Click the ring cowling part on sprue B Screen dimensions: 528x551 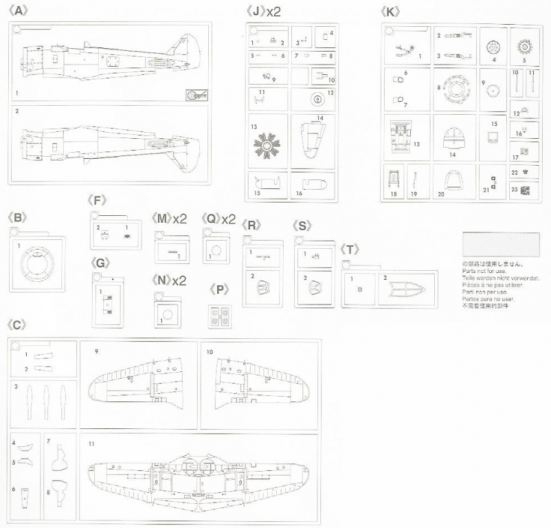(39, 264)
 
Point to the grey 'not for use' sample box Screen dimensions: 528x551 (501, 245)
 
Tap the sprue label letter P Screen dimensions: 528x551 (220, 289)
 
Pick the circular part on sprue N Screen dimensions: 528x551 (166, 317)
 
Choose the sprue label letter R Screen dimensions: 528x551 (253, 225)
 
